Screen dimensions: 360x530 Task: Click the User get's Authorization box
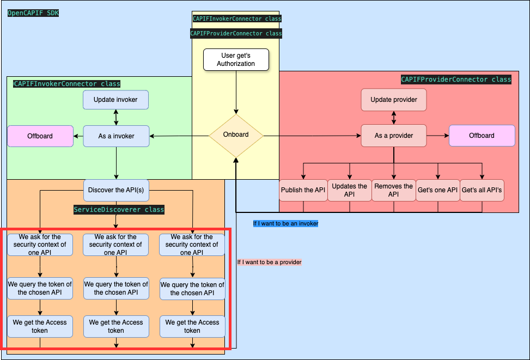coord(236,60)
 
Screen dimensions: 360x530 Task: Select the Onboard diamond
coord(236,135)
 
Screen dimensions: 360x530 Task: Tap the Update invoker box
coord(115,100)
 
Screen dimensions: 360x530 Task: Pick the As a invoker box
coord(116,136)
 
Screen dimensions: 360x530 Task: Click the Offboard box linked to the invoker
coord(40,136)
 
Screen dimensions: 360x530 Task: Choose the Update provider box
coord(393,100)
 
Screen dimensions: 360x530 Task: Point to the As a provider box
coord(393,136)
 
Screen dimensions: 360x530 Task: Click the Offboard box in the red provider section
coord(482,136)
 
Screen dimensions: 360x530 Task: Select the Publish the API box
coord(303,190)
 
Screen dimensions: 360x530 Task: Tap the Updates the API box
coord(349,190)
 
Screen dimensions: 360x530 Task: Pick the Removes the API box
coord(393,190)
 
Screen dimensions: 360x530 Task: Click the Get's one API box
coord(437,190)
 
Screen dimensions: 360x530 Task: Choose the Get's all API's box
coord(482,190)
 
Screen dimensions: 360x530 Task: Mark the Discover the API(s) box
coord(116,190)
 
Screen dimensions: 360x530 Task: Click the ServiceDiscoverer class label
coord(119,210)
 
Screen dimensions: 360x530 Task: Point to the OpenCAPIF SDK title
coord(33,13)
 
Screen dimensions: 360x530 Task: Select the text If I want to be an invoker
coord(285,223)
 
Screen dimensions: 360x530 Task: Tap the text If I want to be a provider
coord(269,263)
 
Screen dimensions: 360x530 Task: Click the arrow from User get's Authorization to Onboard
coord(236,93)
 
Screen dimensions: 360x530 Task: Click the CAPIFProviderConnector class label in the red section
coord(456,80)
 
